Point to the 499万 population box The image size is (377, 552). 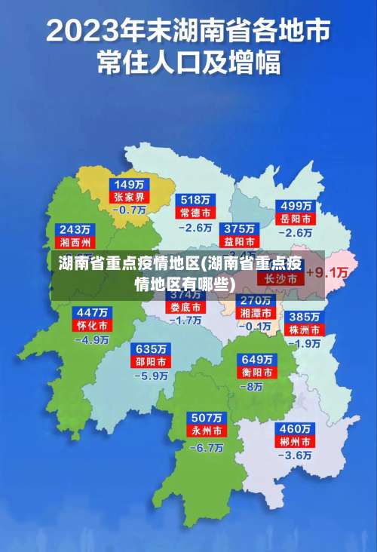tap(296, 206)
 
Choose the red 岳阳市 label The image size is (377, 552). tap(296, 219)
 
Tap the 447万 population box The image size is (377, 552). tap(91, 312)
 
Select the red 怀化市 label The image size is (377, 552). tap(91, 325)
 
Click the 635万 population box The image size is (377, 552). tap(151, 349)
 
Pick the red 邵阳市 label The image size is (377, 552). tap(151, 362)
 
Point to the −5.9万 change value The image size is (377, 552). tap(151, 375)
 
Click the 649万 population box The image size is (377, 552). tap(256, 359)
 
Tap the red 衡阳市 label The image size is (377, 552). tap(256, 373)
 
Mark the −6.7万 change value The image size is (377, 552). tap(206, 446)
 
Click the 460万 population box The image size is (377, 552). tap(296, 428)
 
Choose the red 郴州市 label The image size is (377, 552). tap(296, 441)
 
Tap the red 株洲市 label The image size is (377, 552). tap(305, 330)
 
